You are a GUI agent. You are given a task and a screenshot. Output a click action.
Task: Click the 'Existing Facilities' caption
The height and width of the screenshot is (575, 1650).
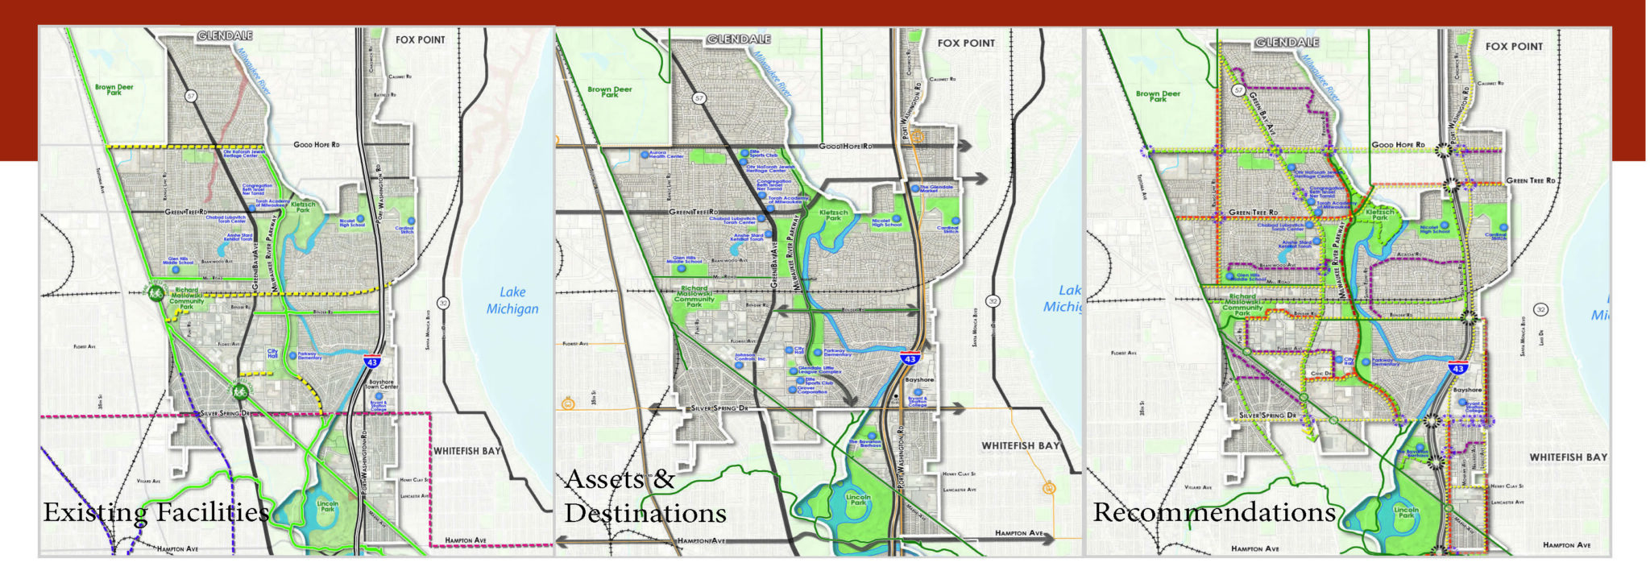[155, 513]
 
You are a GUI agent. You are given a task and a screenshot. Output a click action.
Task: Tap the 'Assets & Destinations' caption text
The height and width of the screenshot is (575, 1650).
[645, 496]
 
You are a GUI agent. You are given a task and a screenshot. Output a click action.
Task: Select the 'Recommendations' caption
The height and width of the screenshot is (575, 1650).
[1214, 513]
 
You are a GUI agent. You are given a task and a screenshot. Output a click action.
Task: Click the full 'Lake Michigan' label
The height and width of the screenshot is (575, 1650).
[512, 300]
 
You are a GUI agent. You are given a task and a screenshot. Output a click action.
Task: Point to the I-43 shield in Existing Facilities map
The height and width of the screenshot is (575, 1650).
[372, 364]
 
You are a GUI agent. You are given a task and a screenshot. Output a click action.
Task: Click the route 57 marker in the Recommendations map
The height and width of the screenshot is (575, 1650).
[1239, 90]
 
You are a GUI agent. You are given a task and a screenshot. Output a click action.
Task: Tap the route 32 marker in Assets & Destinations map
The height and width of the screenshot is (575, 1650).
[993, 301]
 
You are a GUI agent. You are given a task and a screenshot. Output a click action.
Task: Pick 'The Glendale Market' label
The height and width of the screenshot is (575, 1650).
[936, 188]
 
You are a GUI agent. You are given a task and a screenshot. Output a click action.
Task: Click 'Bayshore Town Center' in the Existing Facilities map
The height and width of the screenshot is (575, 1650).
[381, 384]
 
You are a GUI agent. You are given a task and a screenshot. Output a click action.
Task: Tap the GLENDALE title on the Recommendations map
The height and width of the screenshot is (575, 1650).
[1287, 42]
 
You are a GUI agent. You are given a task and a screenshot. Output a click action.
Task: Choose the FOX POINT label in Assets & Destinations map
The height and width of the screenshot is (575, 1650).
[966, 43]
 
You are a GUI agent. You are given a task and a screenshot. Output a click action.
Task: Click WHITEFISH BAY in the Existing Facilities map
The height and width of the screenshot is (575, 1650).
[467, 451]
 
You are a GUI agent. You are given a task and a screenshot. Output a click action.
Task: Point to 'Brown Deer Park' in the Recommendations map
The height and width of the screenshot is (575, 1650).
[1158, 96]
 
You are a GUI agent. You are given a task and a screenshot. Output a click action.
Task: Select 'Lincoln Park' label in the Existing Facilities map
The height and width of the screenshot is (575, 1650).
[328, 507]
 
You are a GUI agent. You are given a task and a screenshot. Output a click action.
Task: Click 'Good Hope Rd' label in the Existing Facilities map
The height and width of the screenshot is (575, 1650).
[316, 145]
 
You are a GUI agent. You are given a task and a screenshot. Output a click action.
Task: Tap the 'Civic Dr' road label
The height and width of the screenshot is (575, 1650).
[1322, 373]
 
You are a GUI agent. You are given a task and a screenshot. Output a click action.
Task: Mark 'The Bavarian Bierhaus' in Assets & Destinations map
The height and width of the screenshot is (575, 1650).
[864, 443]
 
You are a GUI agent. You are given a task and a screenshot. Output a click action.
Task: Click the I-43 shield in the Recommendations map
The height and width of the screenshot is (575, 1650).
[1458, 368]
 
